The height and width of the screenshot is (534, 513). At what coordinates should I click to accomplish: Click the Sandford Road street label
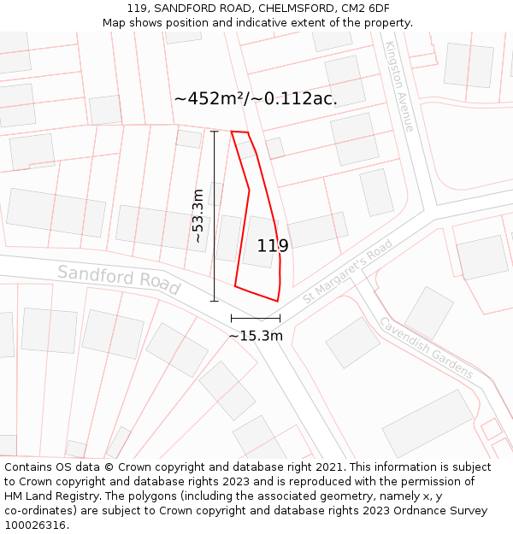tap(119, 279)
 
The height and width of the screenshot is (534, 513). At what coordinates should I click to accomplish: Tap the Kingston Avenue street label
tap(399, 86)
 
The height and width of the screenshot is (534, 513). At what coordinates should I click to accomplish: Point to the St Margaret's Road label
tap(347, 271)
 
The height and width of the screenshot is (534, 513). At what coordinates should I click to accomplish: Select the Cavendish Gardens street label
tap(426, 349)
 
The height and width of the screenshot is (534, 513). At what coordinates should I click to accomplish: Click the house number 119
tap(273, 246)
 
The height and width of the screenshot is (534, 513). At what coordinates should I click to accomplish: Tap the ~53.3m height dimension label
tap(198, 215)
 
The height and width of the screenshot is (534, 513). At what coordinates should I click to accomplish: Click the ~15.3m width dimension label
tap(256, 336)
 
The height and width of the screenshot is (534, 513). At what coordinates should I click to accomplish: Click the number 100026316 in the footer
tap(35, 525)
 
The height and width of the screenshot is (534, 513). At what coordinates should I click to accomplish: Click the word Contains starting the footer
tap(30, 467)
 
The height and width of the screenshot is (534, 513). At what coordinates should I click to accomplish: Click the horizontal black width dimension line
tap(255, 318)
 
